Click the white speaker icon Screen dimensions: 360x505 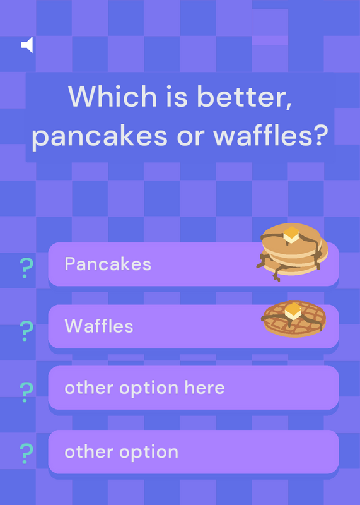[27, 45]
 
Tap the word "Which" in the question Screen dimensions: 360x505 [112, 96]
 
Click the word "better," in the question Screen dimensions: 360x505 [245, 97]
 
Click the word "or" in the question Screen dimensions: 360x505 [190, 137]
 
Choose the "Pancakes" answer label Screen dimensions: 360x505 [108, 264]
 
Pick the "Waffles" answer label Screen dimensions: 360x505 [99, 326]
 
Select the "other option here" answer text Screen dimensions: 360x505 [144, 388]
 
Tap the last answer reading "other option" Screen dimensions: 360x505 [121, 452]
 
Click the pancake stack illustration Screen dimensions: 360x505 [292, 252]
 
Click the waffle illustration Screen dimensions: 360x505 [294, 319]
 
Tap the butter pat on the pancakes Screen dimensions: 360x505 [291, 234]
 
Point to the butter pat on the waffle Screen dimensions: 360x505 [293, 311]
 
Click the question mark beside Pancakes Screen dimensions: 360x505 [26, 268]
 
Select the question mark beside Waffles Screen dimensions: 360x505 [26, 331]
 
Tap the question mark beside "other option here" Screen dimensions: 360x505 [26, 392]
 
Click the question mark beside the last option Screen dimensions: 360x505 [26, 453]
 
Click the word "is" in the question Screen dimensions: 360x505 [177, 97]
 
